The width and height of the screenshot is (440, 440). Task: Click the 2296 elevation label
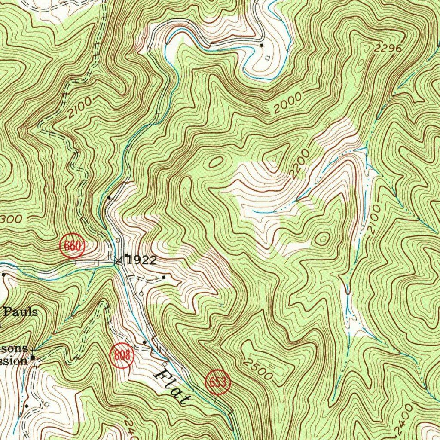[x=387, y=49]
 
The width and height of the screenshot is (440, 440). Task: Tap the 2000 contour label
[x=287, y=103]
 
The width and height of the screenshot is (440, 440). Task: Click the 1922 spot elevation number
[x=142, y=260]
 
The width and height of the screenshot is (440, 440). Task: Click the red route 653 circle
[x=218, y=382]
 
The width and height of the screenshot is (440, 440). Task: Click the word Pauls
[x=21, y=312]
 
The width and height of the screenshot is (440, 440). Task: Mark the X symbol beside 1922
[x=118, y=260]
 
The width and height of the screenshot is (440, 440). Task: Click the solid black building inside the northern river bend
[x=262, y=45]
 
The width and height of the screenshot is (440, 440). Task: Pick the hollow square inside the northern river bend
[x=268, y=58]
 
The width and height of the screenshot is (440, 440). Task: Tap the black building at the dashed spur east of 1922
[x=164, y=277]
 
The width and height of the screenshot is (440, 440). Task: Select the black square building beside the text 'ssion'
[x=33, y=357]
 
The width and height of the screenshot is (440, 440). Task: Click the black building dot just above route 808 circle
[x=144, y=342]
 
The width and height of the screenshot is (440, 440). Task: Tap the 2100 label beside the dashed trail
[x=79, y=108]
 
